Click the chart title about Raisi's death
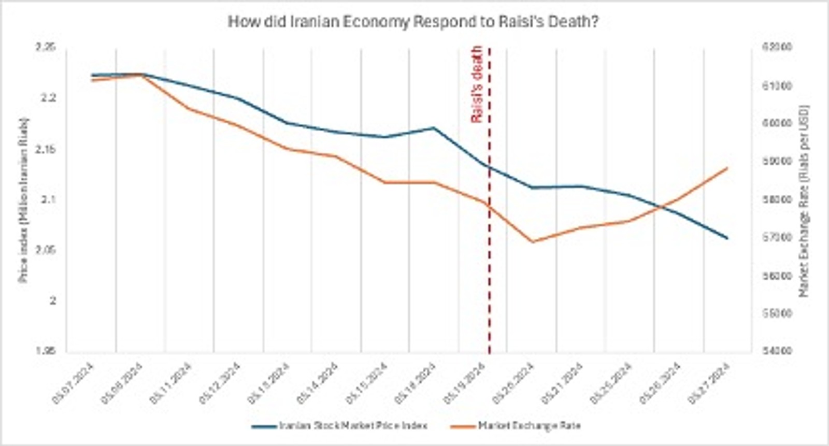pos(413,22)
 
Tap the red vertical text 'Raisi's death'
pos(476,84)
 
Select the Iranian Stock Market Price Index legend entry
pos(340,426)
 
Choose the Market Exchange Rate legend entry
pos(515,426)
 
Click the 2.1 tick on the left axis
pos(46,200)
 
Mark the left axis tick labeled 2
pos(52,301)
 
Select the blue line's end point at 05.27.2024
pos(728,238)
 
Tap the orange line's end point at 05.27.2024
pos(728,168)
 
